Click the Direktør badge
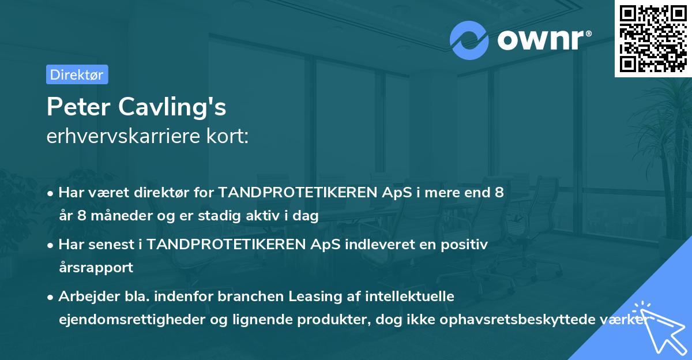pyautogui.click(x=77, y=74)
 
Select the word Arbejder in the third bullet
pyautogui.click(x=84, y=297)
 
